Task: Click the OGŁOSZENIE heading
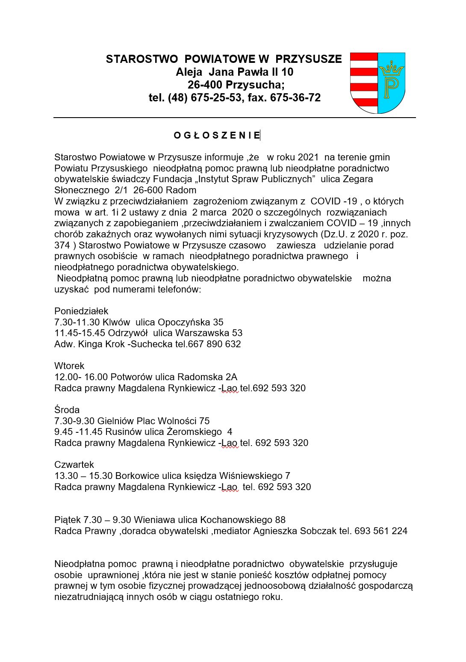pyautogui.click(x=217, y=136)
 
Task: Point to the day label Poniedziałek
pyautogui.click(x=81, y=311)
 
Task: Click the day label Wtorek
pyautogui.click(x=69, y=366)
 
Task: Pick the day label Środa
pyautogui.click(x=67, y=410)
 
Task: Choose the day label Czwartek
pyautogui.click(x=74, y=465)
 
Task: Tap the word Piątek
pyautogui.click(x=68, y=520)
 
